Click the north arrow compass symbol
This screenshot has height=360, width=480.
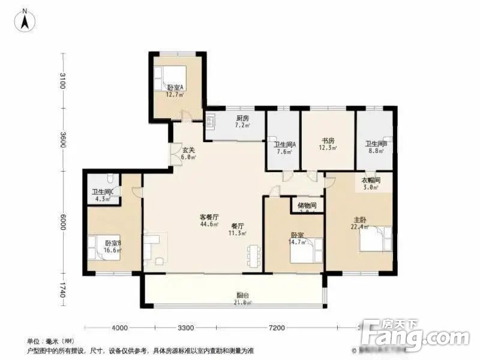click(26, 22)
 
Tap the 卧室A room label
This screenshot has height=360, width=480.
click(175, 90)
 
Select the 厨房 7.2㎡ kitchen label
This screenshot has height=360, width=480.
click(242, 122)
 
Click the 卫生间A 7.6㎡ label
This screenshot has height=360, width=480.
click(284, 148)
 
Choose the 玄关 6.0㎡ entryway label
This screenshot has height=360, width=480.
click(189, 154)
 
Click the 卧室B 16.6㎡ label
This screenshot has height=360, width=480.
click(113, 246)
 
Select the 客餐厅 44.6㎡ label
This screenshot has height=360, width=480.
click(209, 220)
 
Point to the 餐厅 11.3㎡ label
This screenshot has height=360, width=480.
click(238, 230)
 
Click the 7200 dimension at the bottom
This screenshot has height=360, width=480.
click(276, 328)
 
